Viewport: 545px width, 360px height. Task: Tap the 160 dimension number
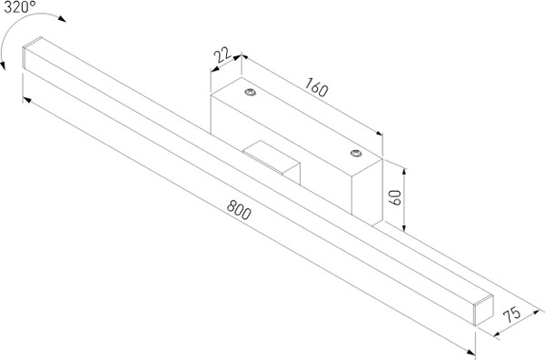(316, 89)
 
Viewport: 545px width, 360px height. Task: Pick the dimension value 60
(395, 199)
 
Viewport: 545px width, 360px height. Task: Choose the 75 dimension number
(512, 316)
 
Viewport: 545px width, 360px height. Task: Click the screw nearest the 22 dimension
(248, 92)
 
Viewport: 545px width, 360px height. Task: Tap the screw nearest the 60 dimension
(356, 155)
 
